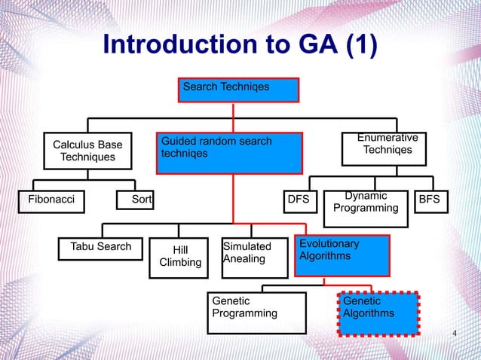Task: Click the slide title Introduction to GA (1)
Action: [240, 45]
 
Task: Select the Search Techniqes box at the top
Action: [239, 90]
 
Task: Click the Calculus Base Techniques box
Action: [87, 150]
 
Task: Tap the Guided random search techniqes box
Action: [230, 152]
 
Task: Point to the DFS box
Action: [299, 201]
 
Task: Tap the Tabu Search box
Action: [100, 247]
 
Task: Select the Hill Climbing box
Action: [180, 256]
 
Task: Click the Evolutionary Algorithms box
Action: [341, 255]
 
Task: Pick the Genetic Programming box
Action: [257, 313]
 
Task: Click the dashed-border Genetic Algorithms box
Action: [378, 312]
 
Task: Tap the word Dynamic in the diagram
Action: [365, 196]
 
